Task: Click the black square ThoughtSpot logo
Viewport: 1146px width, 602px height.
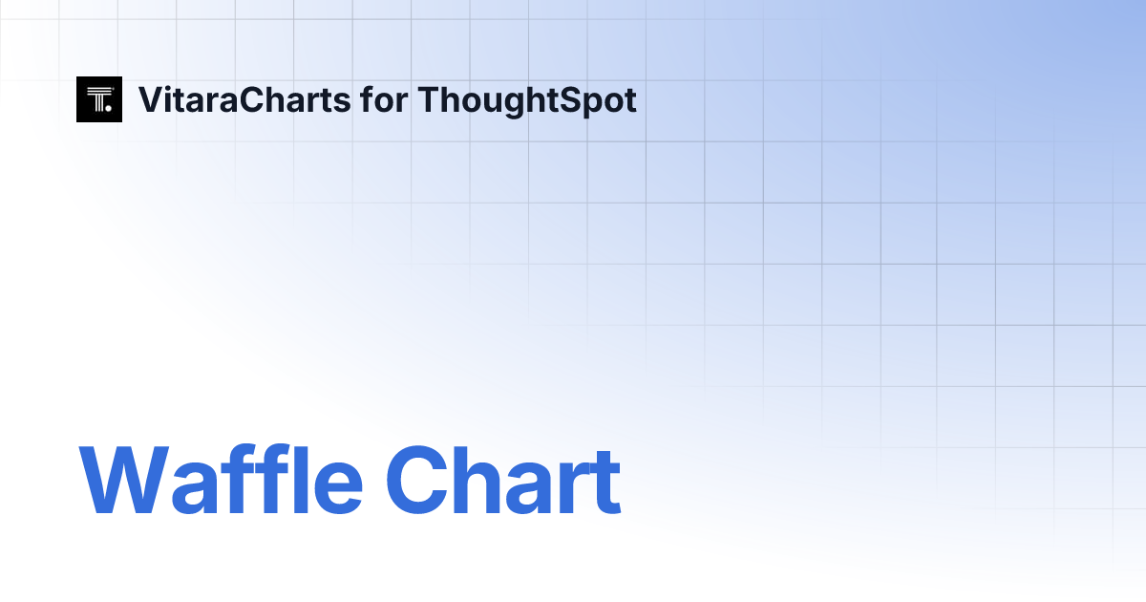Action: pyautogui.click(x=99, y=99)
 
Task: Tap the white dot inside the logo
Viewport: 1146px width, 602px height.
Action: pyautogui.click(x=109, y=109)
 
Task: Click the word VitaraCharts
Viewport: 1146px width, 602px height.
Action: pyautogui.click(x=244, y=99)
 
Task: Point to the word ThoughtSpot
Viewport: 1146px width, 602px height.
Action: pyautogui.click(x=527, y=99)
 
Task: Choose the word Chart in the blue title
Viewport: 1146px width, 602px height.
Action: pyautogui.click(x=503, y=482)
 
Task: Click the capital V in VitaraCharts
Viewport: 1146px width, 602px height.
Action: pyautogui.click(x=150, y=99)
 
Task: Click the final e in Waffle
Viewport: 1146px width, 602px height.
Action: pyautogui.click(x=338, y=487)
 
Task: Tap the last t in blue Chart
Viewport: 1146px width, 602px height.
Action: pyautogui.click(x=605, y=484)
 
